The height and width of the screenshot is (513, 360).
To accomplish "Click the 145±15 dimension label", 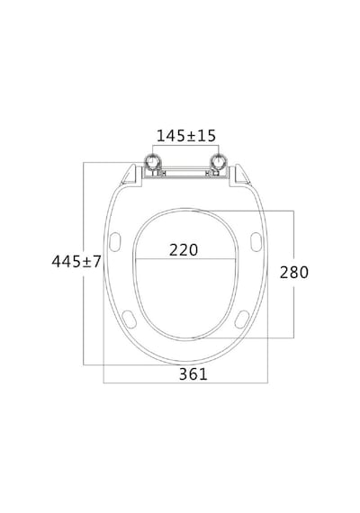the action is point(186,136).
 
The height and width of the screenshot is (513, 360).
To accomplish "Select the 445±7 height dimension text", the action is point(76,261).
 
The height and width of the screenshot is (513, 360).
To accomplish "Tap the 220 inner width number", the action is point(184,250).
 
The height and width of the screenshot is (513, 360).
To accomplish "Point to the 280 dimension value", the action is point(294,272).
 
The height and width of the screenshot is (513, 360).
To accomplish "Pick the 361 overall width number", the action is point(193,374).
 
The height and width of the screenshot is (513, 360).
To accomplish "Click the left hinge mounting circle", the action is point(152,162).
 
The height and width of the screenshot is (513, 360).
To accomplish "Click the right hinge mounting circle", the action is point(218,162).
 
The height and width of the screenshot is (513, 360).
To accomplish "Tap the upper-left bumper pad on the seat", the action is point(114,242).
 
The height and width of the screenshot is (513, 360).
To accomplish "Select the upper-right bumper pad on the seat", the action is point(256,242).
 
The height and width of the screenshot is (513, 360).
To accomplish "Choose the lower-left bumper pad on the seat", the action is point(129,319).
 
